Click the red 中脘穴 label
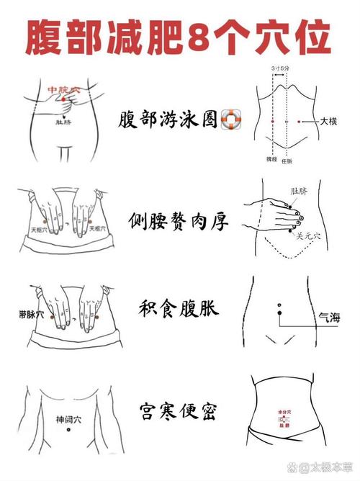pyautogui.click(x=59, y=89)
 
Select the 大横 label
pyautogui.click(x=329, y=123)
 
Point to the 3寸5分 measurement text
pyautogui.click(x=280, y=68)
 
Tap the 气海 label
pyautogui.click(x=328, y=317)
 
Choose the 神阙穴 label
pyautogui.click(x=68, y=418)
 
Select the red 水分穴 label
pyautogui.click(x=284, y=412)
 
